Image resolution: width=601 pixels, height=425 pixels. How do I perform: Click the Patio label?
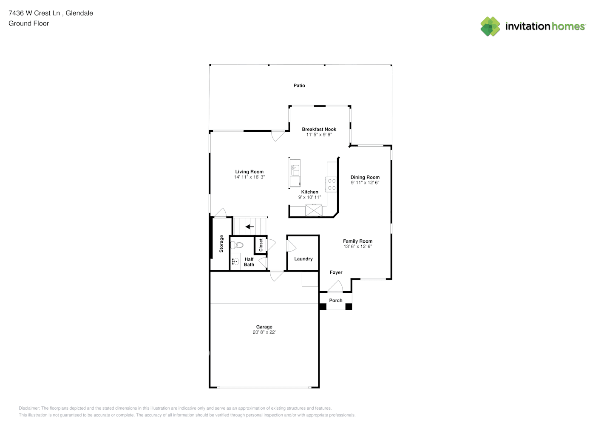click(x=299, y=85)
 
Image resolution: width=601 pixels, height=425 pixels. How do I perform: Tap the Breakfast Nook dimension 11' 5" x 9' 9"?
click(x=319, y=135)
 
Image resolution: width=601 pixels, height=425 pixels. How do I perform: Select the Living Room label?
click(x=249, y=172)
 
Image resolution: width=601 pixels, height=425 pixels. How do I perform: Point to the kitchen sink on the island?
click(x=295, y=170)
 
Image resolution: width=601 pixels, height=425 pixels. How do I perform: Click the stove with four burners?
click(x=332, y=184)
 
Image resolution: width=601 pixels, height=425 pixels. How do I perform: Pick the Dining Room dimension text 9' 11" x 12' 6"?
click(x=365, y=183)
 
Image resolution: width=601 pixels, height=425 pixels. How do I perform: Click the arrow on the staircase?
click(x=249, y=227)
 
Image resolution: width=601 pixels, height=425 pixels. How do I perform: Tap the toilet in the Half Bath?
click(x=237, y=245)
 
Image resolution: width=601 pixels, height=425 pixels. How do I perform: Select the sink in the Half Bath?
click(x=235, y=261)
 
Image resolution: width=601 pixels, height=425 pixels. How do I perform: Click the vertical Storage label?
click(x=221, y=244)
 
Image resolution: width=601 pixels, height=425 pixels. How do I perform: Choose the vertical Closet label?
click(x=261, y=245)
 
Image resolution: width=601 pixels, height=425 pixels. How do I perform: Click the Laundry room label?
click(x=303, y=259)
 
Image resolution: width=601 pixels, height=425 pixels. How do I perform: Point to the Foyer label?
click(x=336, y=272)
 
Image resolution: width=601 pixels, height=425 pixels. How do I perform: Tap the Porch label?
click(x=335, y=300)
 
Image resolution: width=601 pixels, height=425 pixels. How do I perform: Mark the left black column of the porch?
click(x=323, y=306)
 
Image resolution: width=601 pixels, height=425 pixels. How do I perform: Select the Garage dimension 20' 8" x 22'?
click(x=264, y=332)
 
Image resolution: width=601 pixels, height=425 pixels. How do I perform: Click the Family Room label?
click(x=357, y=241)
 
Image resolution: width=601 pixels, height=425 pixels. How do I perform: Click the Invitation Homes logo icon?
click(x=490, y=26)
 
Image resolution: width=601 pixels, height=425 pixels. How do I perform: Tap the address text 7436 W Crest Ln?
click(x=34, y=13)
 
